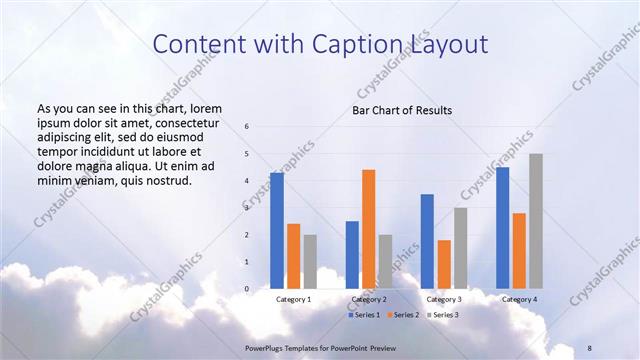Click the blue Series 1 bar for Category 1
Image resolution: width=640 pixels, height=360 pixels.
click(x=277, y=231)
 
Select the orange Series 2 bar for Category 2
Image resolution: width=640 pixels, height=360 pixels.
click(x=369, y=229)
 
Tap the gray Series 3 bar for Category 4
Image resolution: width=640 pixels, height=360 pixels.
click(x=536, y=221)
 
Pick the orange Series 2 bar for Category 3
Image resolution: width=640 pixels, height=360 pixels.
click(x=444, y=264)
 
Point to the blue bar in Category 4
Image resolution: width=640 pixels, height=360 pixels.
click(x=502, y=228)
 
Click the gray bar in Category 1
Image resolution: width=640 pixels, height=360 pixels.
click(x=310, y=262)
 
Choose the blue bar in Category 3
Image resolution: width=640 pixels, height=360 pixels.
click(x=427, y=241)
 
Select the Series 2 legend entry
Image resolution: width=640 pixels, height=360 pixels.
click(x=404, y=315)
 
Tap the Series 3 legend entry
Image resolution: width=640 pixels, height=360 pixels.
click(x=444, y=315)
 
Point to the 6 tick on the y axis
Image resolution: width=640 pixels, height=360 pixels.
click(x=247, y=127)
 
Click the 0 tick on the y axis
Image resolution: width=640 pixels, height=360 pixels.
click(x=247, y=289)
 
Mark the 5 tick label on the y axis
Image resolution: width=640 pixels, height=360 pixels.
click(x=247, y=154)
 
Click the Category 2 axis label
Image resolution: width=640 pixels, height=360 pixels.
click(x=369, y=299)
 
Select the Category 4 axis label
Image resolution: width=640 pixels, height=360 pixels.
click(x=519, y=299)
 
